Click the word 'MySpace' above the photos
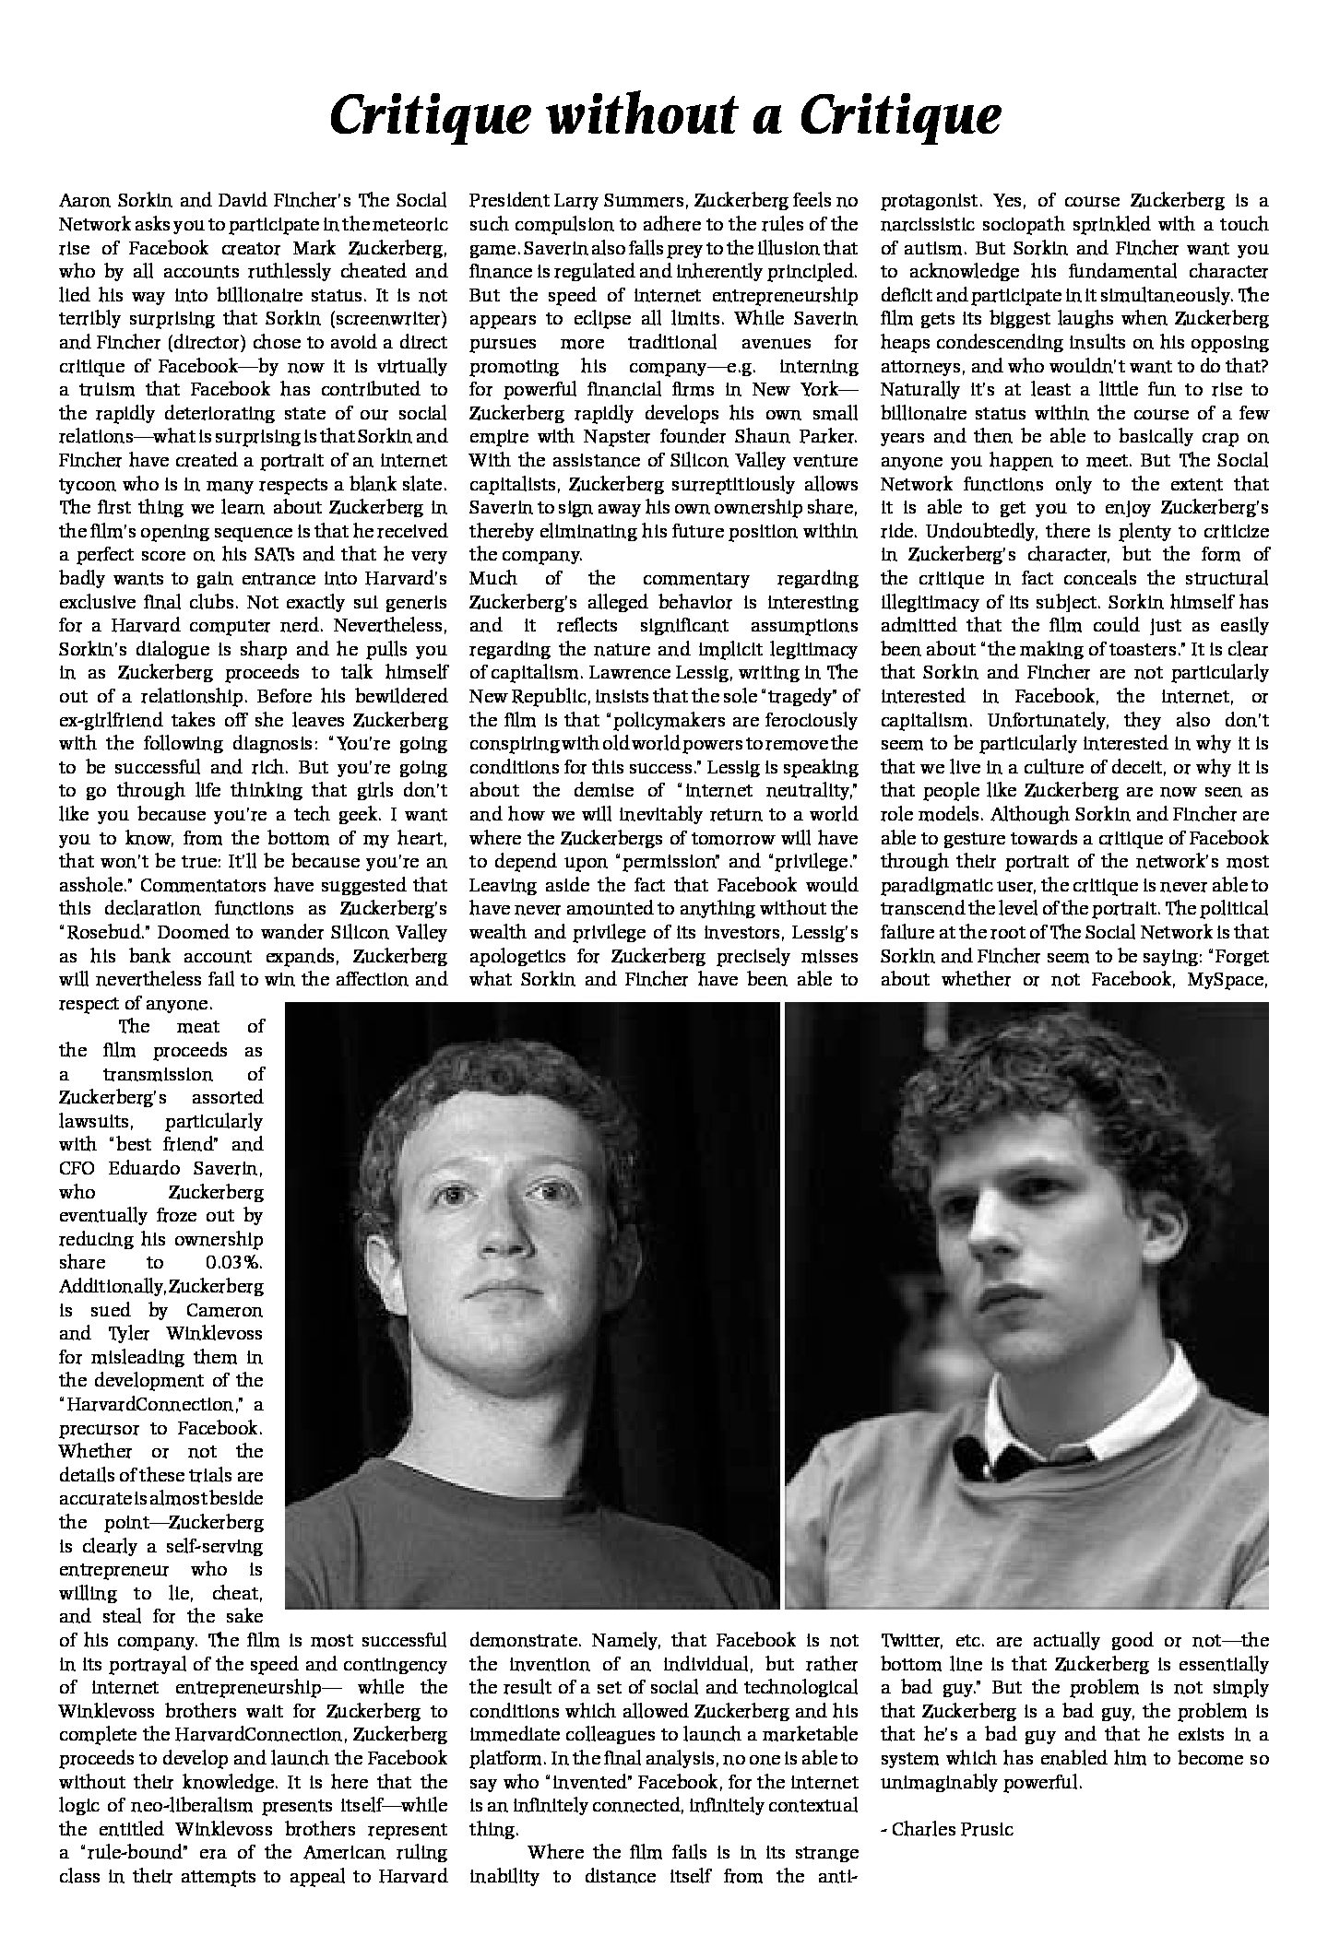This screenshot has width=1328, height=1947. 1227,979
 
